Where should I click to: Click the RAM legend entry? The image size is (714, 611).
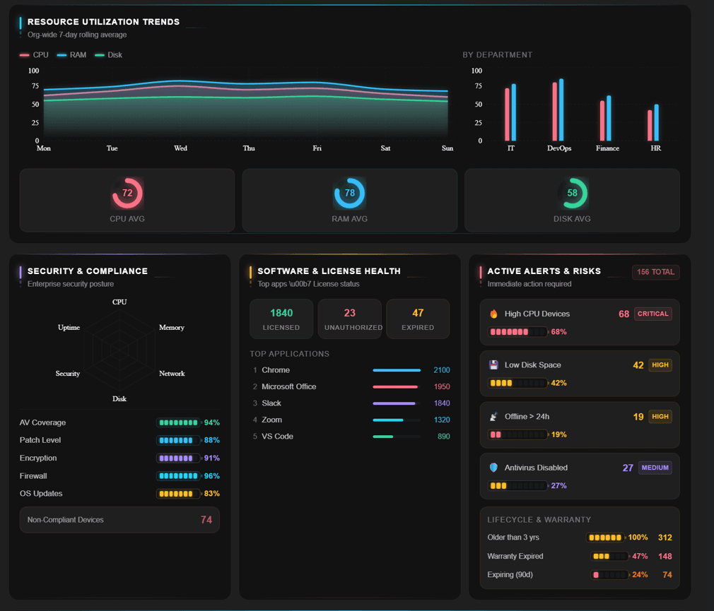pos(71,55)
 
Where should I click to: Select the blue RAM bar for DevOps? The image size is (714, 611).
pos(561,109)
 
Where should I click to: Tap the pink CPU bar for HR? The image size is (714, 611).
pos(650,125)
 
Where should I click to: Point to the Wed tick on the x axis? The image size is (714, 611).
pos(180,148)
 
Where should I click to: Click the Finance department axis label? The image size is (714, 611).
pos(607,148)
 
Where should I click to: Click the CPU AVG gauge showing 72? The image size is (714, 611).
pos(127,193)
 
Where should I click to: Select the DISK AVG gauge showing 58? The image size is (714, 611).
pos(573,193)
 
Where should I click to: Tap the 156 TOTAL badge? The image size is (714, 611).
pos(656,272)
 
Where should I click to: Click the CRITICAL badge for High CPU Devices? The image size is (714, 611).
pos(653,314)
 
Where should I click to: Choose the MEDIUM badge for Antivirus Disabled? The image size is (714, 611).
pos(655,468)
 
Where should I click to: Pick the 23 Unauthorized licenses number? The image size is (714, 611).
pos(350,313)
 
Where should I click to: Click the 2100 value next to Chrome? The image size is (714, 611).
pos(442,370)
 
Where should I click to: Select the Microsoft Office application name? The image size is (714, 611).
pos(288,386)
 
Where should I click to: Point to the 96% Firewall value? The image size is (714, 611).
pos(212,476)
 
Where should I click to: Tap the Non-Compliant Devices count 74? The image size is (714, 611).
pos(206,520)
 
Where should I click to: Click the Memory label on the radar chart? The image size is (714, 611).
pos(172,328)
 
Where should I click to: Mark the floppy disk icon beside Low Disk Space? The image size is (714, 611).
pos(493,365)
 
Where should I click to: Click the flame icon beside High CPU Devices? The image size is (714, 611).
pos(493,314)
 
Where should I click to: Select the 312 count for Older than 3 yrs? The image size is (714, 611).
pos(665,538)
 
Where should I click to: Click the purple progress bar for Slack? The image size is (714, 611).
pos(394,403)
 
